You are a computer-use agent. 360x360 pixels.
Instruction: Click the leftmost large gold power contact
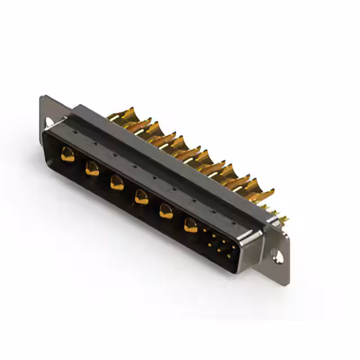tap(67, 154)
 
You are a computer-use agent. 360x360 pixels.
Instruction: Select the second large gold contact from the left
tap(92, 168)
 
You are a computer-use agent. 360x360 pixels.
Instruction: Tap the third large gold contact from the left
tap(116, 182)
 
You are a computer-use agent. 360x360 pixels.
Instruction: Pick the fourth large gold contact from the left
tap(141, 196)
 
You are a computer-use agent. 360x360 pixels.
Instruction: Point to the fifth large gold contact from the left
tap(166, 211)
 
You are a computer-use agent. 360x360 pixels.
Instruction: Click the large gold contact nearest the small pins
tap(191, 226)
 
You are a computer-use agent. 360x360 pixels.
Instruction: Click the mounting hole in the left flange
tap(49, 121)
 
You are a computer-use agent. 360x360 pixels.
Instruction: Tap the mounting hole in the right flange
tap(278, 258)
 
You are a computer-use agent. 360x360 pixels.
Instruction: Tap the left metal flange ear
tap(47, 112)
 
